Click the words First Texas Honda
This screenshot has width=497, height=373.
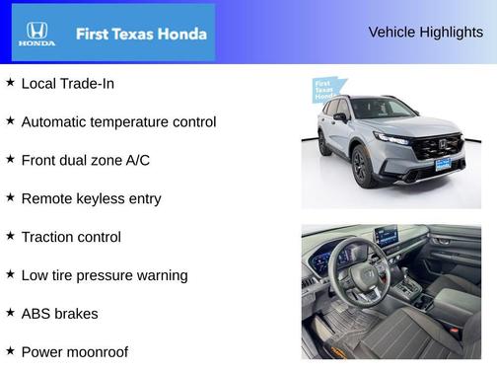pyautogui.click(x=141, y=34)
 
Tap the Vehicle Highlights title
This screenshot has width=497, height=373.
pyautogui.click(x=425, y=32)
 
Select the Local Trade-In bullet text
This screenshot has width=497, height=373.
pyautogui.click(x=67, y=84)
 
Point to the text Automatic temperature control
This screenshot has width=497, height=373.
pyautogui.click(x=118, y=122)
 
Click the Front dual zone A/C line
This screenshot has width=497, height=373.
pyautogui.click(x=85, y=160)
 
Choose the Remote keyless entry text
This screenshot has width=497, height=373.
pyautogui.click(x=91, y=198)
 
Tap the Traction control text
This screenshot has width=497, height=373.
pyautogui.click(x=71, y=237)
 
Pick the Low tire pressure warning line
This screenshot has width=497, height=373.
pyautogui.click(x=104, y=275)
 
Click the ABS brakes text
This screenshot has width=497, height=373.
pyautogui.click(x=59, y=314)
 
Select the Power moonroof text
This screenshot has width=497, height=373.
pyautogui.click(x=74, y=351)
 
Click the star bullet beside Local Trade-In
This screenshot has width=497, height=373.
pyautogui.click(x=10, y=83)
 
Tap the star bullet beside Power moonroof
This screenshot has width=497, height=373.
pyautogui.click(x=10, y=350)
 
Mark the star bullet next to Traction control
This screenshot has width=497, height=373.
pyautogui.click(x=10, y=236)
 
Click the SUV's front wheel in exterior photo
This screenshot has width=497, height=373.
pyautogui.click(x=360, y=167)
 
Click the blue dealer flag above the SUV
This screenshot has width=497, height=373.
pyautogui.click(x=326, y=90)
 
